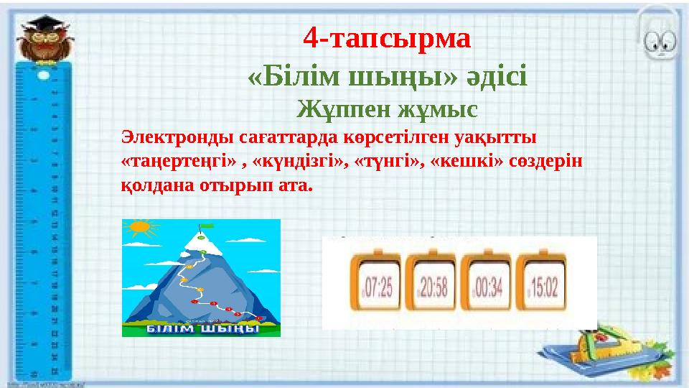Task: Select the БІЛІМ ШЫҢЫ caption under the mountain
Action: [202, 329]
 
